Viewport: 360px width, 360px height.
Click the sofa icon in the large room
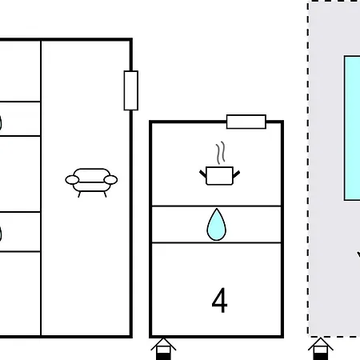point(91,182)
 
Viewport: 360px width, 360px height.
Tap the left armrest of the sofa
point(72,180)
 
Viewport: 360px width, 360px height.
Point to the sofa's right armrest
point(110,180)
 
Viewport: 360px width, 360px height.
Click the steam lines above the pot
point(221,153)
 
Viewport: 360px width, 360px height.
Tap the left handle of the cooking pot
point(203,174)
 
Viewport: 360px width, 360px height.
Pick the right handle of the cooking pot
point(236,174)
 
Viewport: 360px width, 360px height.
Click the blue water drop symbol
point(217,226)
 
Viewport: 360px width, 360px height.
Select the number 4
point(219,300)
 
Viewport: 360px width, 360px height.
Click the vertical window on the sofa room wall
point(131,90)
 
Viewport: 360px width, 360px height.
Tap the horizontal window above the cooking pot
point(246,122)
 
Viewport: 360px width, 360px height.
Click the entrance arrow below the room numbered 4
point(163,349)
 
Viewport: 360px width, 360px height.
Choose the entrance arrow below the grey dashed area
point(321,349)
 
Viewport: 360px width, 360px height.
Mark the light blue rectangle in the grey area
point(352,128)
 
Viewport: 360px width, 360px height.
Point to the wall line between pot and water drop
point(216,206)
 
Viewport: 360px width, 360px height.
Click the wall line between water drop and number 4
point(216,242)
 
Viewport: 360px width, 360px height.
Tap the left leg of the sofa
point(79,194)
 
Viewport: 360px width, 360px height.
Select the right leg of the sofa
point(105,194)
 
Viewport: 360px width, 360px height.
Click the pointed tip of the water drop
point(217,209)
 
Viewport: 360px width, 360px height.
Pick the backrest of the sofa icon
point(91,175)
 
